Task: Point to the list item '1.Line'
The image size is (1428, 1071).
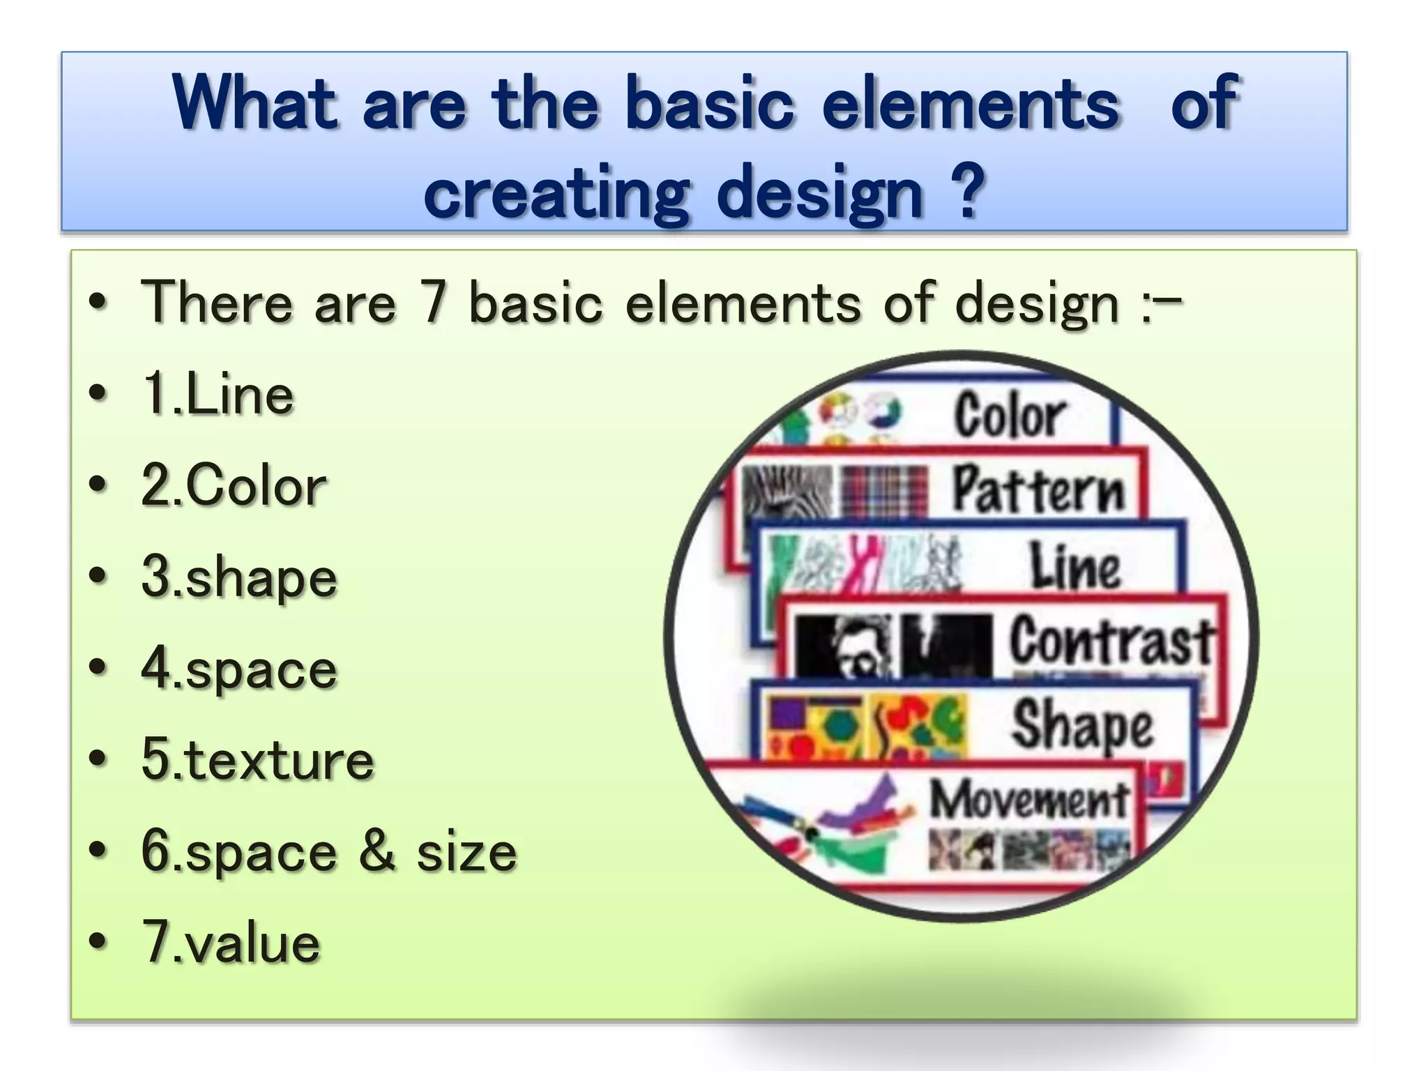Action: pos(218,395)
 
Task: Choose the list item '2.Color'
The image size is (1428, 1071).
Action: pos(234,486)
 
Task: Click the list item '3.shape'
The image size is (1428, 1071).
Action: pos(239,578)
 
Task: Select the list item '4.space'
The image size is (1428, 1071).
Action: pos(239,669)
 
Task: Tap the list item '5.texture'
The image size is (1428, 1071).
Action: pos(257,760)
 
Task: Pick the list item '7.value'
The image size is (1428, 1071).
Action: pos(231,943)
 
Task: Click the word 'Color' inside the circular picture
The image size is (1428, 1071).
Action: pos(1010,416)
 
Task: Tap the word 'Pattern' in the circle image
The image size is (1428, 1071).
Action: pos(1038,489)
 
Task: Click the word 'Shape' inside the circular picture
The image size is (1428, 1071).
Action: pos(1083,726)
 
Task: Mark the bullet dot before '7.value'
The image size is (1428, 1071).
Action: pos(98,943)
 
